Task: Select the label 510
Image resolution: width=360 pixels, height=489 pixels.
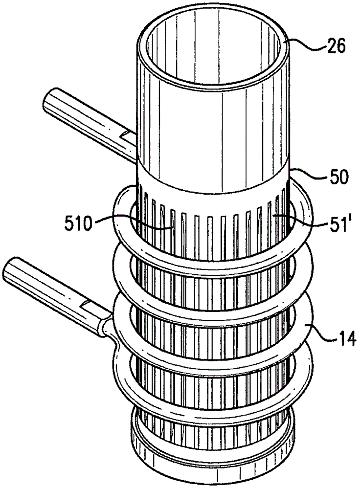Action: [x=78, y=223]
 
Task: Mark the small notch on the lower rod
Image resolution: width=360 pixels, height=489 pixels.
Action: [x=91, y=305]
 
